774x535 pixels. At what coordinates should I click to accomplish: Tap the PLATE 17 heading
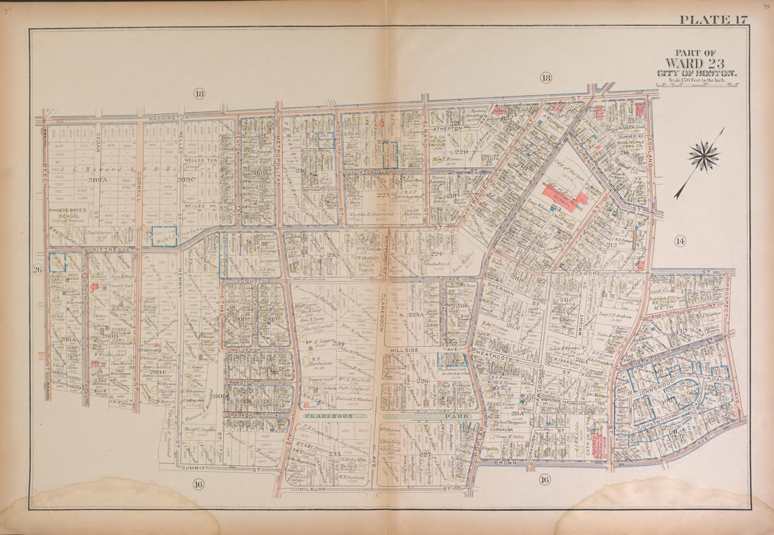tap(713, 20)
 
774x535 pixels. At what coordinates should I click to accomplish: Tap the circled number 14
tap(679, 241)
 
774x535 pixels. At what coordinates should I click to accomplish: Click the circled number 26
tap(38, 269)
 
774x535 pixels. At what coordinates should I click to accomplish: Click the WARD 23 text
tap(695, 63)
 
